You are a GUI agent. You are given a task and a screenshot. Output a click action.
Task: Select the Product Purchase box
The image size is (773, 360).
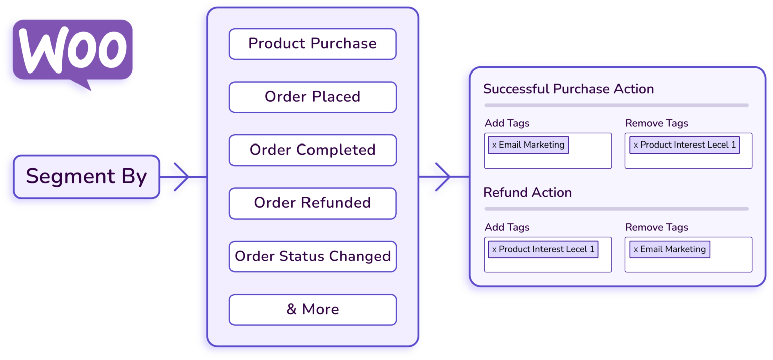(x=313, y=44)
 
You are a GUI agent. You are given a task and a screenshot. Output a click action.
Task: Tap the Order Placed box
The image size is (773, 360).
(x=313, y=97)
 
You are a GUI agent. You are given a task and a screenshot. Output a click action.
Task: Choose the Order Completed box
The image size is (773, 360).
(x=313, y=150)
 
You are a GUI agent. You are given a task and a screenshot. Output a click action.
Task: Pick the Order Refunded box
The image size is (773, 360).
(x=313, y=203)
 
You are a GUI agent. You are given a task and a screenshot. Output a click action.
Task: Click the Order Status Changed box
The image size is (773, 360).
(x=313, y=256)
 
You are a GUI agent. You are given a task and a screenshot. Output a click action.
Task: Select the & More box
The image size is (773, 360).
(x=313, y=309)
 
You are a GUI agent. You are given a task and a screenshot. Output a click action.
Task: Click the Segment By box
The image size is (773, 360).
(x=87, y=176)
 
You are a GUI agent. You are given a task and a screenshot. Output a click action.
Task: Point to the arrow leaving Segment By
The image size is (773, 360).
(x=181, y=177)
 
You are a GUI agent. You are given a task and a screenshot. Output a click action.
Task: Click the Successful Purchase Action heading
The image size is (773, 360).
(x=568, y=89)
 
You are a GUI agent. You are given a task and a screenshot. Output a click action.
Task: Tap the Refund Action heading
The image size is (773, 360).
(x=527, y=193)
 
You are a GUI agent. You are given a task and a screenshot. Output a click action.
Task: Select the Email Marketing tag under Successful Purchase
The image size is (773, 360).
(x=528, y=145)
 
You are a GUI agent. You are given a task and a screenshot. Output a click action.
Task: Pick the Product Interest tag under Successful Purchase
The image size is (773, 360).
(x=684, y=145)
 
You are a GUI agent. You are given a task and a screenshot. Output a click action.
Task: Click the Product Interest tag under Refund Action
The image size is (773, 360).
(x=543, y=249)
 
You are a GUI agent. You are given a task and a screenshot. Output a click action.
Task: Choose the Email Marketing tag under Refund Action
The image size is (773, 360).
(x=669, y=249)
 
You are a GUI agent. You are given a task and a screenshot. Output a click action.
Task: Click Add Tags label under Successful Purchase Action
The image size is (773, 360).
(x=507, y=123)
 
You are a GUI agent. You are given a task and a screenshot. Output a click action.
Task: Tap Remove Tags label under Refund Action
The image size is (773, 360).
(x=656, y=227)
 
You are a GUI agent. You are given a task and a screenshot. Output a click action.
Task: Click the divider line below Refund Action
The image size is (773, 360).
(x=616, y=209)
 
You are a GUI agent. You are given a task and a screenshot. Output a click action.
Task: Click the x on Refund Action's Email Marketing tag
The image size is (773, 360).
(x=636, y=250)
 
